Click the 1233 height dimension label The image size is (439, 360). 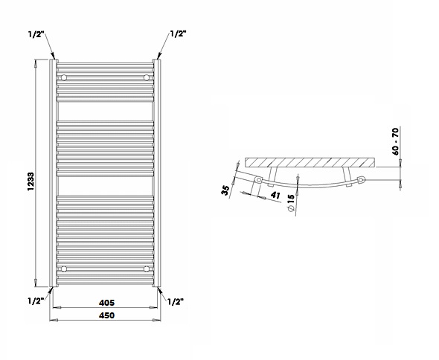pos(31,181)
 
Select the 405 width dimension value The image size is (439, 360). pos(106,303)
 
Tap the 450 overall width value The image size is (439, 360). pos(106,315)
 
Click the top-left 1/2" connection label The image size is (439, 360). pos(36,34)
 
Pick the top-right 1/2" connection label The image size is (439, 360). pos(178,33)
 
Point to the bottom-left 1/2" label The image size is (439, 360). pos(36,301)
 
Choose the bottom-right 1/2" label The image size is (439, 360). pos(176,302)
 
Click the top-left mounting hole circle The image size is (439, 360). pos(64,77)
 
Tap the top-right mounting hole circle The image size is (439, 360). pos(147,77)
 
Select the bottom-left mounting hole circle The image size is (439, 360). pos(64,269)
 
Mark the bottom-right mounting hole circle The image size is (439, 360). pos(147,269)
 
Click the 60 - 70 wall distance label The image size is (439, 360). pos(395,141)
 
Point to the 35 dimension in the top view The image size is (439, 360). pos(225,190)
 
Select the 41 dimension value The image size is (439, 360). pos(275,195)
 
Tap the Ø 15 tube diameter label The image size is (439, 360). pos(291,202)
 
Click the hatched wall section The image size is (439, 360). pos(310,163)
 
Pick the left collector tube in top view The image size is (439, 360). pos(258,180)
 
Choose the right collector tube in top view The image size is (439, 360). pos(362,179)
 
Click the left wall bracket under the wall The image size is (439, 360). pos(272,176)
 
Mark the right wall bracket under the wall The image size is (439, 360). pos(347,177)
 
